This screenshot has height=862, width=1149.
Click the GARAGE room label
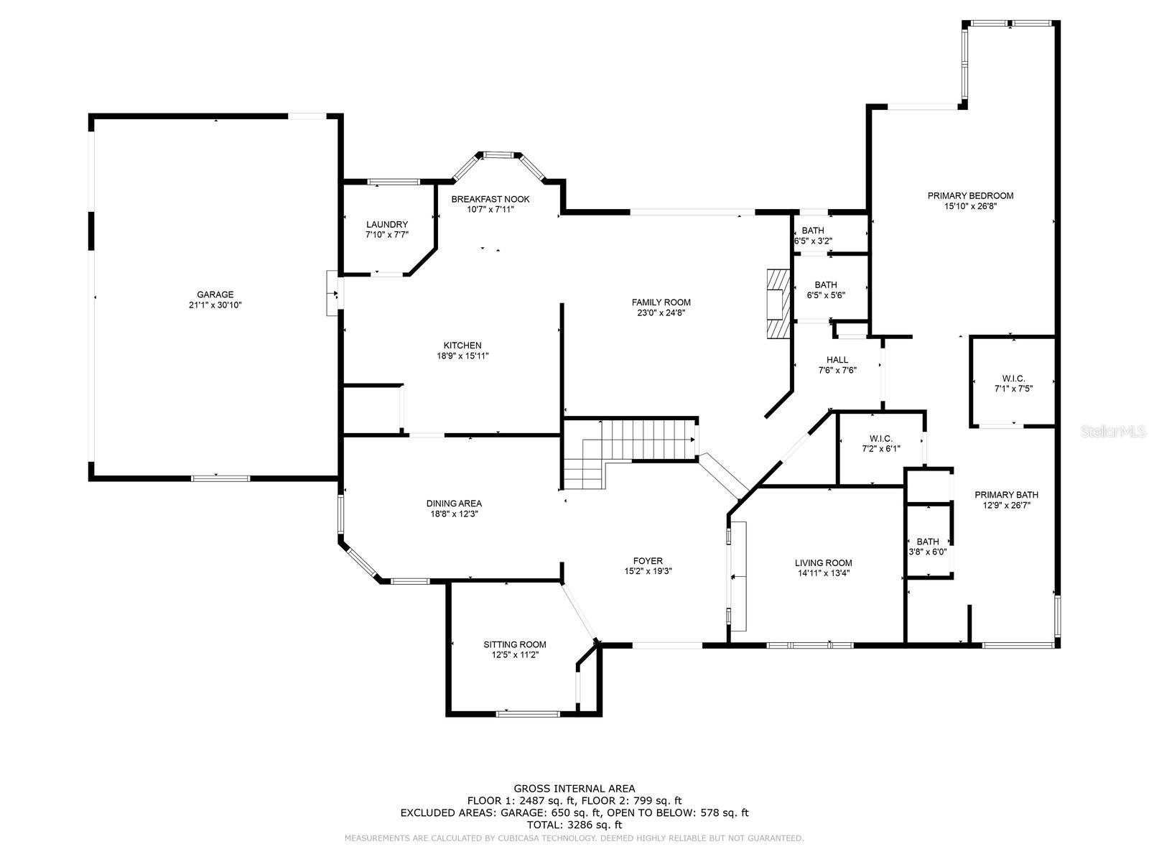[215, 295]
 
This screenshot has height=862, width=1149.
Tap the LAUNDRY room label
[387, 225]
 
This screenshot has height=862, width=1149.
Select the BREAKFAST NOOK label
[490, 200]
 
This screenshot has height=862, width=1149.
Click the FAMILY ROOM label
[661, 302]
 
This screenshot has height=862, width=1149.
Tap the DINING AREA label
[454, 504]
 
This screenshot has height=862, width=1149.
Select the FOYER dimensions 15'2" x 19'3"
[648, 572]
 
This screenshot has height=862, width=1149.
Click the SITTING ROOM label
[515, 645]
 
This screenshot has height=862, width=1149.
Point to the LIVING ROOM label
[824, 563]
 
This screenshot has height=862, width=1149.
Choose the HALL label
[837, 360]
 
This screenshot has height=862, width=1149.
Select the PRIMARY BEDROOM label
[970, 195]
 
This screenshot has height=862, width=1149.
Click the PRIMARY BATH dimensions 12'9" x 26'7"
[1006, 506]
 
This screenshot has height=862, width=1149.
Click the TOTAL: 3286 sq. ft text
[574, 825]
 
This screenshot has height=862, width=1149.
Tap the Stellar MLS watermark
[1113, 431]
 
